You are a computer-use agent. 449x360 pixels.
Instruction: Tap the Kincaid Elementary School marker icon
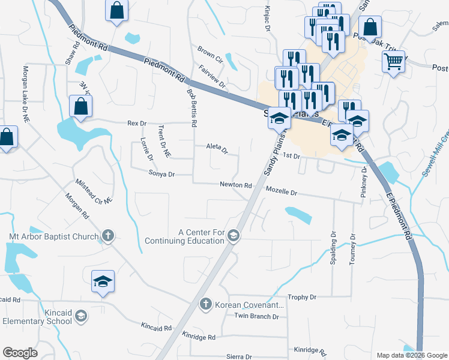(x=82, y=316)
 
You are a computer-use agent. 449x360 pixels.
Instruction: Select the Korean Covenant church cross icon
(x=205, y=304)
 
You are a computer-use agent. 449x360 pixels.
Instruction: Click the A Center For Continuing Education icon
(x=234, y=236)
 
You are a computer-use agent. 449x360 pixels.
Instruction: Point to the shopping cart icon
(x=393, y=61)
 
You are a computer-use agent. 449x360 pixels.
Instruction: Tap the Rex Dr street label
(x=137, y=124)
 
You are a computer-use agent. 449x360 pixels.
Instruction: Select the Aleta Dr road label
(x=217, y=148)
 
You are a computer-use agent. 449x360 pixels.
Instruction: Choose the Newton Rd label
(x=235, y=185)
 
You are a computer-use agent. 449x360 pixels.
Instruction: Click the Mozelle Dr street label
(x=282, y=193)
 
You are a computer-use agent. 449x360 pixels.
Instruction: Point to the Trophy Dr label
(x=302, y=297)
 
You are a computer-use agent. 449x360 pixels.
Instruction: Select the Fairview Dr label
(x=212, y=77)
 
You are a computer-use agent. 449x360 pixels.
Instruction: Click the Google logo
(x=20, y=353)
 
